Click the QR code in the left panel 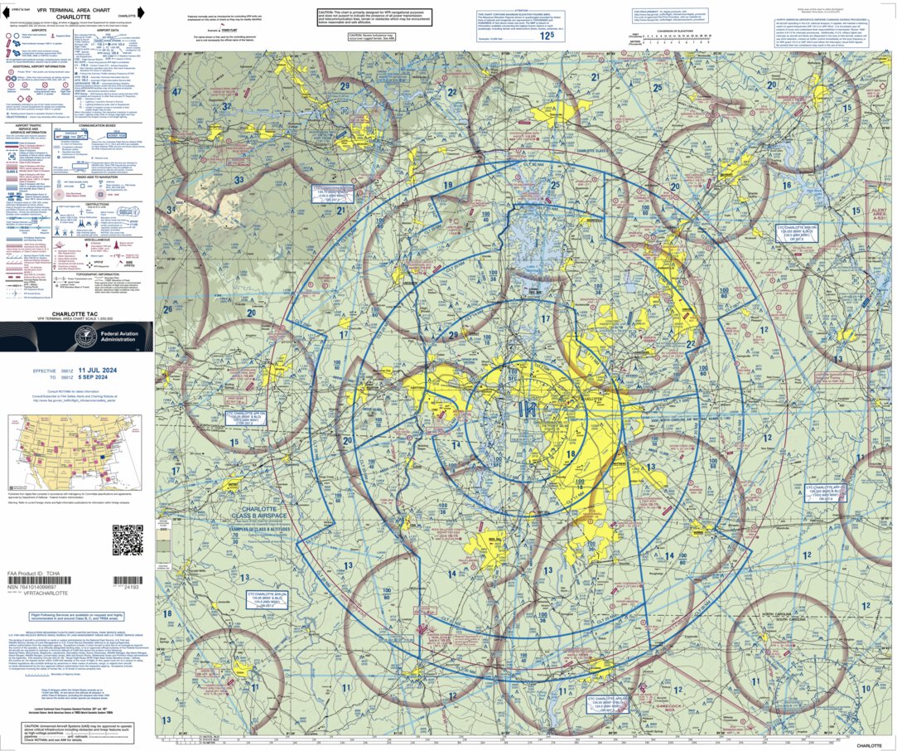(x=127, y=540)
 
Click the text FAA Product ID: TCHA (x=34, y=574)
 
